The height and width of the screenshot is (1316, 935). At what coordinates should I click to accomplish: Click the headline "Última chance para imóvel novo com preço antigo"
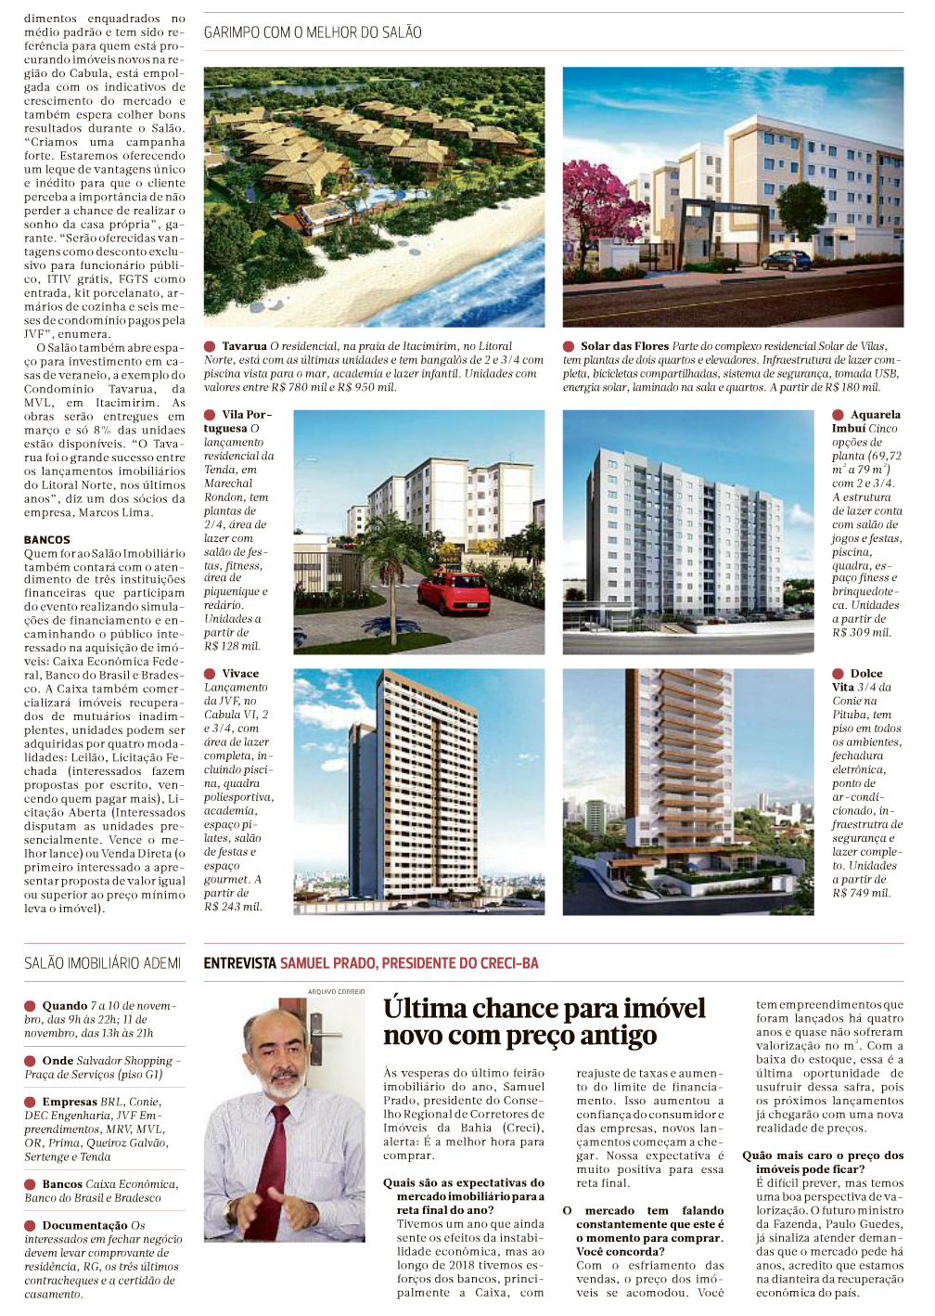tap(544, 1021)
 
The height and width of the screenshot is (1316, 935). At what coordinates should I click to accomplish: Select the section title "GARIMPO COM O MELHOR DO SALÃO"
tap(313, 32)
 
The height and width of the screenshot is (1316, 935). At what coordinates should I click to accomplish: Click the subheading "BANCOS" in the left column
tap(47, 539)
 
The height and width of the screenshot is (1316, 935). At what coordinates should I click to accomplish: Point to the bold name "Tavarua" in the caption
tap(244, 346)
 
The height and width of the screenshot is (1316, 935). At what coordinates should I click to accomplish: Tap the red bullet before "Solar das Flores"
tap(569, 346)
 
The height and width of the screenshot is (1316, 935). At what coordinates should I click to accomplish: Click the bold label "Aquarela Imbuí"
tap(865, 421)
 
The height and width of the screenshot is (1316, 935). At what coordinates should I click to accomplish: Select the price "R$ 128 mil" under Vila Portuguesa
tap(232, 646)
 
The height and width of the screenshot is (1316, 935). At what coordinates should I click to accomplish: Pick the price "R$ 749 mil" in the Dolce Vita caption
tap(861, 893)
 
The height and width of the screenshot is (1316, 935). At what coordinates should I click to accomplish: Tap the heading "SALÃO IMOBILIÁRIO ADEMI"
tap(102, 963)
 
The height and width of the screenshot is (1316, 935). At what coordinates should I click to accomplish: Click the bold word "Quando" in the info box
tap(64, 1005)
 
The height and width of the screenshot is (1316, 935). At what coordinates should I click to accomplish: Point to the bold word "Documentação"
tap(84, 1225)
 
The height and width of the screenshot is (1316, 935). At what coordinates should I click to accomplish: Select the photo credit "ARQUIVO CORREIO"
tap(337, 991)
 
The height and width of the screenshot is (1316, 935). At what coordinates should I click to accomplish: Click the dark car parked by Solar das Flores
tap(787, 259)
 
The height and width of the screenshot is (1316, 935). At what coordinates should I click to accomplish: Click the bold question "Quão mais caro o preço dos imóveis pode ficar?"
tap(823, 1162)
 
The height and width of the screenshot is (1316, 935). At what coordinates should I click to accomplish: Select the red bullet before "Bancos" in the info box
tap(31, 1184)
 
